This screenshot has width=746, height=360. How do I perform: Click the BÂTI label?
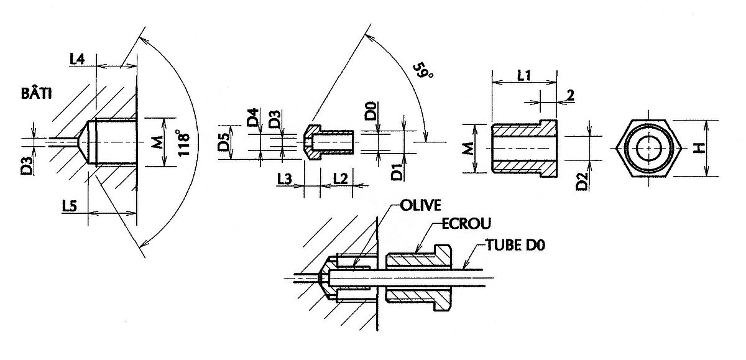37,94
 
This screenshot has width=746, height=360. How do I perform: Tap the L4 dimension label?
77,60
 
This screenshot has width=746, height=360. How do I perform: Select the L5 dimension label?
70,206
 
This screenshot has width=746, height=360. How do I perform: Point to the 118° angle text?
183,143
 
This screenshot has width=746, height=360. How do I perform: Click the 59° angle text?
423,75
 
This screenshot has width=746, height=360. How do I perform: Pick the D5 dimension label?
224,141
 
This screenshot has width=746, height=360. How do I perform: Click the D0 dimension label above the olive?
371,111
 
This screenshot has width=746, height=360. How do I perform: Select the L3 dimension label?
285,179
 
